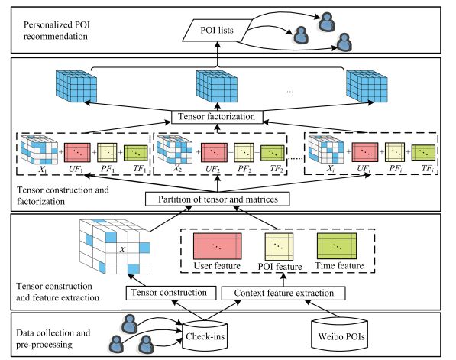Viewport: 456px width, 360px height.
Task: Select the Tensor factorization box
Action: tap(217, 117)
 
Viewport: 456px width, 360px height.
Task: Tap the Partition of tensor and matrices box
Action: tap(218, 199)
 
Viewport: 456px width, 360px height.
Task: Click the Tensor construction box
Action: tap(171, 293)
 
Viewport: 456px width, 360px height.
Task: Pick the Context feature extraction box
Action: tap(283, 293)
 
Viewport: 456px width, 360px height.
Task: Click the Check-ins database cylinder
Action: tap(205, 336)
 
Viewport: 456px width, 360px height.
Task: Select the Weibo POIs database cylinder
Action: tap(340, 334)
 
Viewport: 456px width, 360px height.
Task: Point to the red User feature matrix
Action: tap(217, 246)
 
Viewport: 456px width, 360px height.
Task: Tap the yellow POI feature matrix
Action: tap(279, 247)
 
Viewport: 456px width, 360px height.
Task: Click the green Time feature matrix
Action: tap(337, 245)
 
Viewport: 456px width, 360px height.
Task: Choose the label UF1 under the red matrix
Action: tap(76, 169)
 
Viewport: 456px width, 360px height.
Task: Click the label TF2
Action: tap(277, 169)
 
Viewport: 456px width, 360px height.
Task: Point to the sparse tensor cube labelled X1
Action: tap(39, 150)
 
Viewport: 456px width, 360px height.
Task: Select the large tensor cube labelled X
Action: tap(115, 247)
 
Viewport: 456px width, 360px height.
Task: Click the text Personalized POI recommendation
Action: tap(57, 31)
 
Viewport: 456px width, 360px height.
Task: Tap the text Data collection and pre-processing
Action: tap(53, 339)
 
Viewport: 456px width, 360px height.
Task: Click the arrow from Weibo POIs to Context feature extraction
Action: tap(322, 309)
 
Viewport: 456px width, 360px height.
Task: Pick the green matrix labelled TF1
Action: tap(136, 153)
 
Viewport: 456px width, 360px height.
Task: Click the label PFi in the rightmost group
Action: tap(396, 169)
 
